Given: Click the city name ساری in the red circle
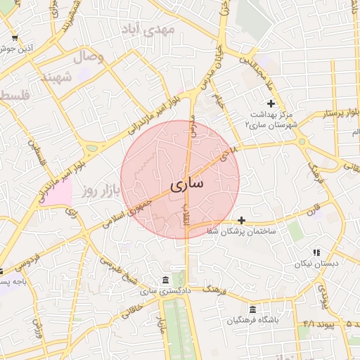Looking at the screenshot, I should [x=186, y=184].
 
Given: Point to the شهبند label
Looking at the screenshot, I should [x=56, y=77].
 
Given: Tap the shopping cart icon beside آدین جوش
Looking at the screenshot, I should [x=15, y=38].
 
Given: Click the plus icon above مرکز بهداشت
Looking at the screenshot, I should [x=271, y=103].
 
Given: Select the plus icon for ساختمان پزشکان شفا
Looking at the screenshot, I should [x=241, y=220].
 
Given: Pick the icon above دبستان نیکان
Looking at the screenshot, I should [x=316, y=252].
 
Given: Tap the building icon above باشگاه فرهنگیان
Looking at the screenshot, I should [x=252, y=309].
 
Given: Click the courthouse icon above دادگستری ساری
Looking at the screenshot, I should [x=165, y=280].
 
